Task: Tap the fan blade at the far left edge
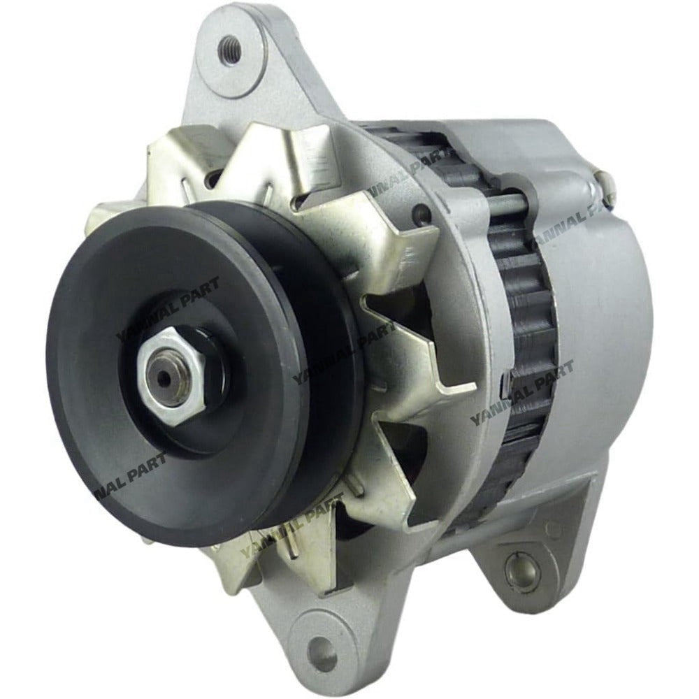[x=105, y=217]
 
